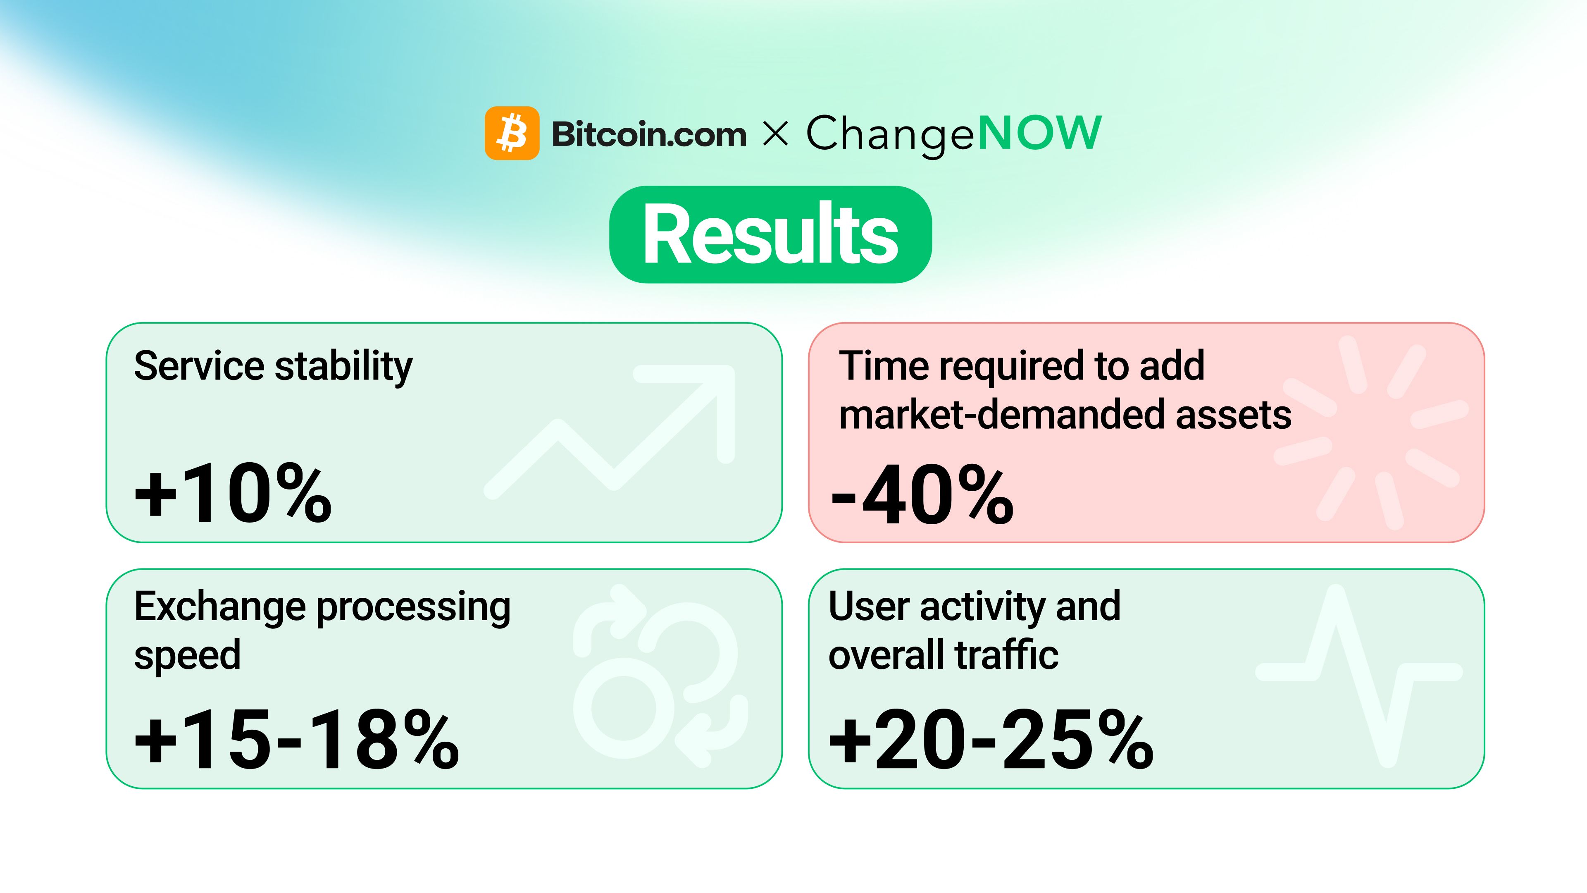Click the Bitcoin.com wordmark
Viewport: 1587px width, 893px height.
tap(649, 134)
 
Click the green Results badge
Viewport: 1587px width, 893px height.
tap(770, 235)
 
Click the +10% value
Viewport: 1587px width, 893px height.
tap(233, 494)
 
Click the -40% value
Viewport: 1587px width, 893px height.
tap(922, 495)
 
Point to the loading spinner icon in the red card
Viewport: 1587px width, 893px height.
tap(1371, 431)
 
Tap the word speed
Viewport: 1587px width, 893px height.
tap(187, 655)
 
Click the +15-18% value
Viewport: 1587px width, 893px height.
tap(296, 740)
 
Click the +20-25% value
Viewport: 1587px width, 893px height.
tap(991, 740)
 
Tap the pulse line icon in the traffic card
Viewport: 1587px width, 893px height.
tap(1359, 675)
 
